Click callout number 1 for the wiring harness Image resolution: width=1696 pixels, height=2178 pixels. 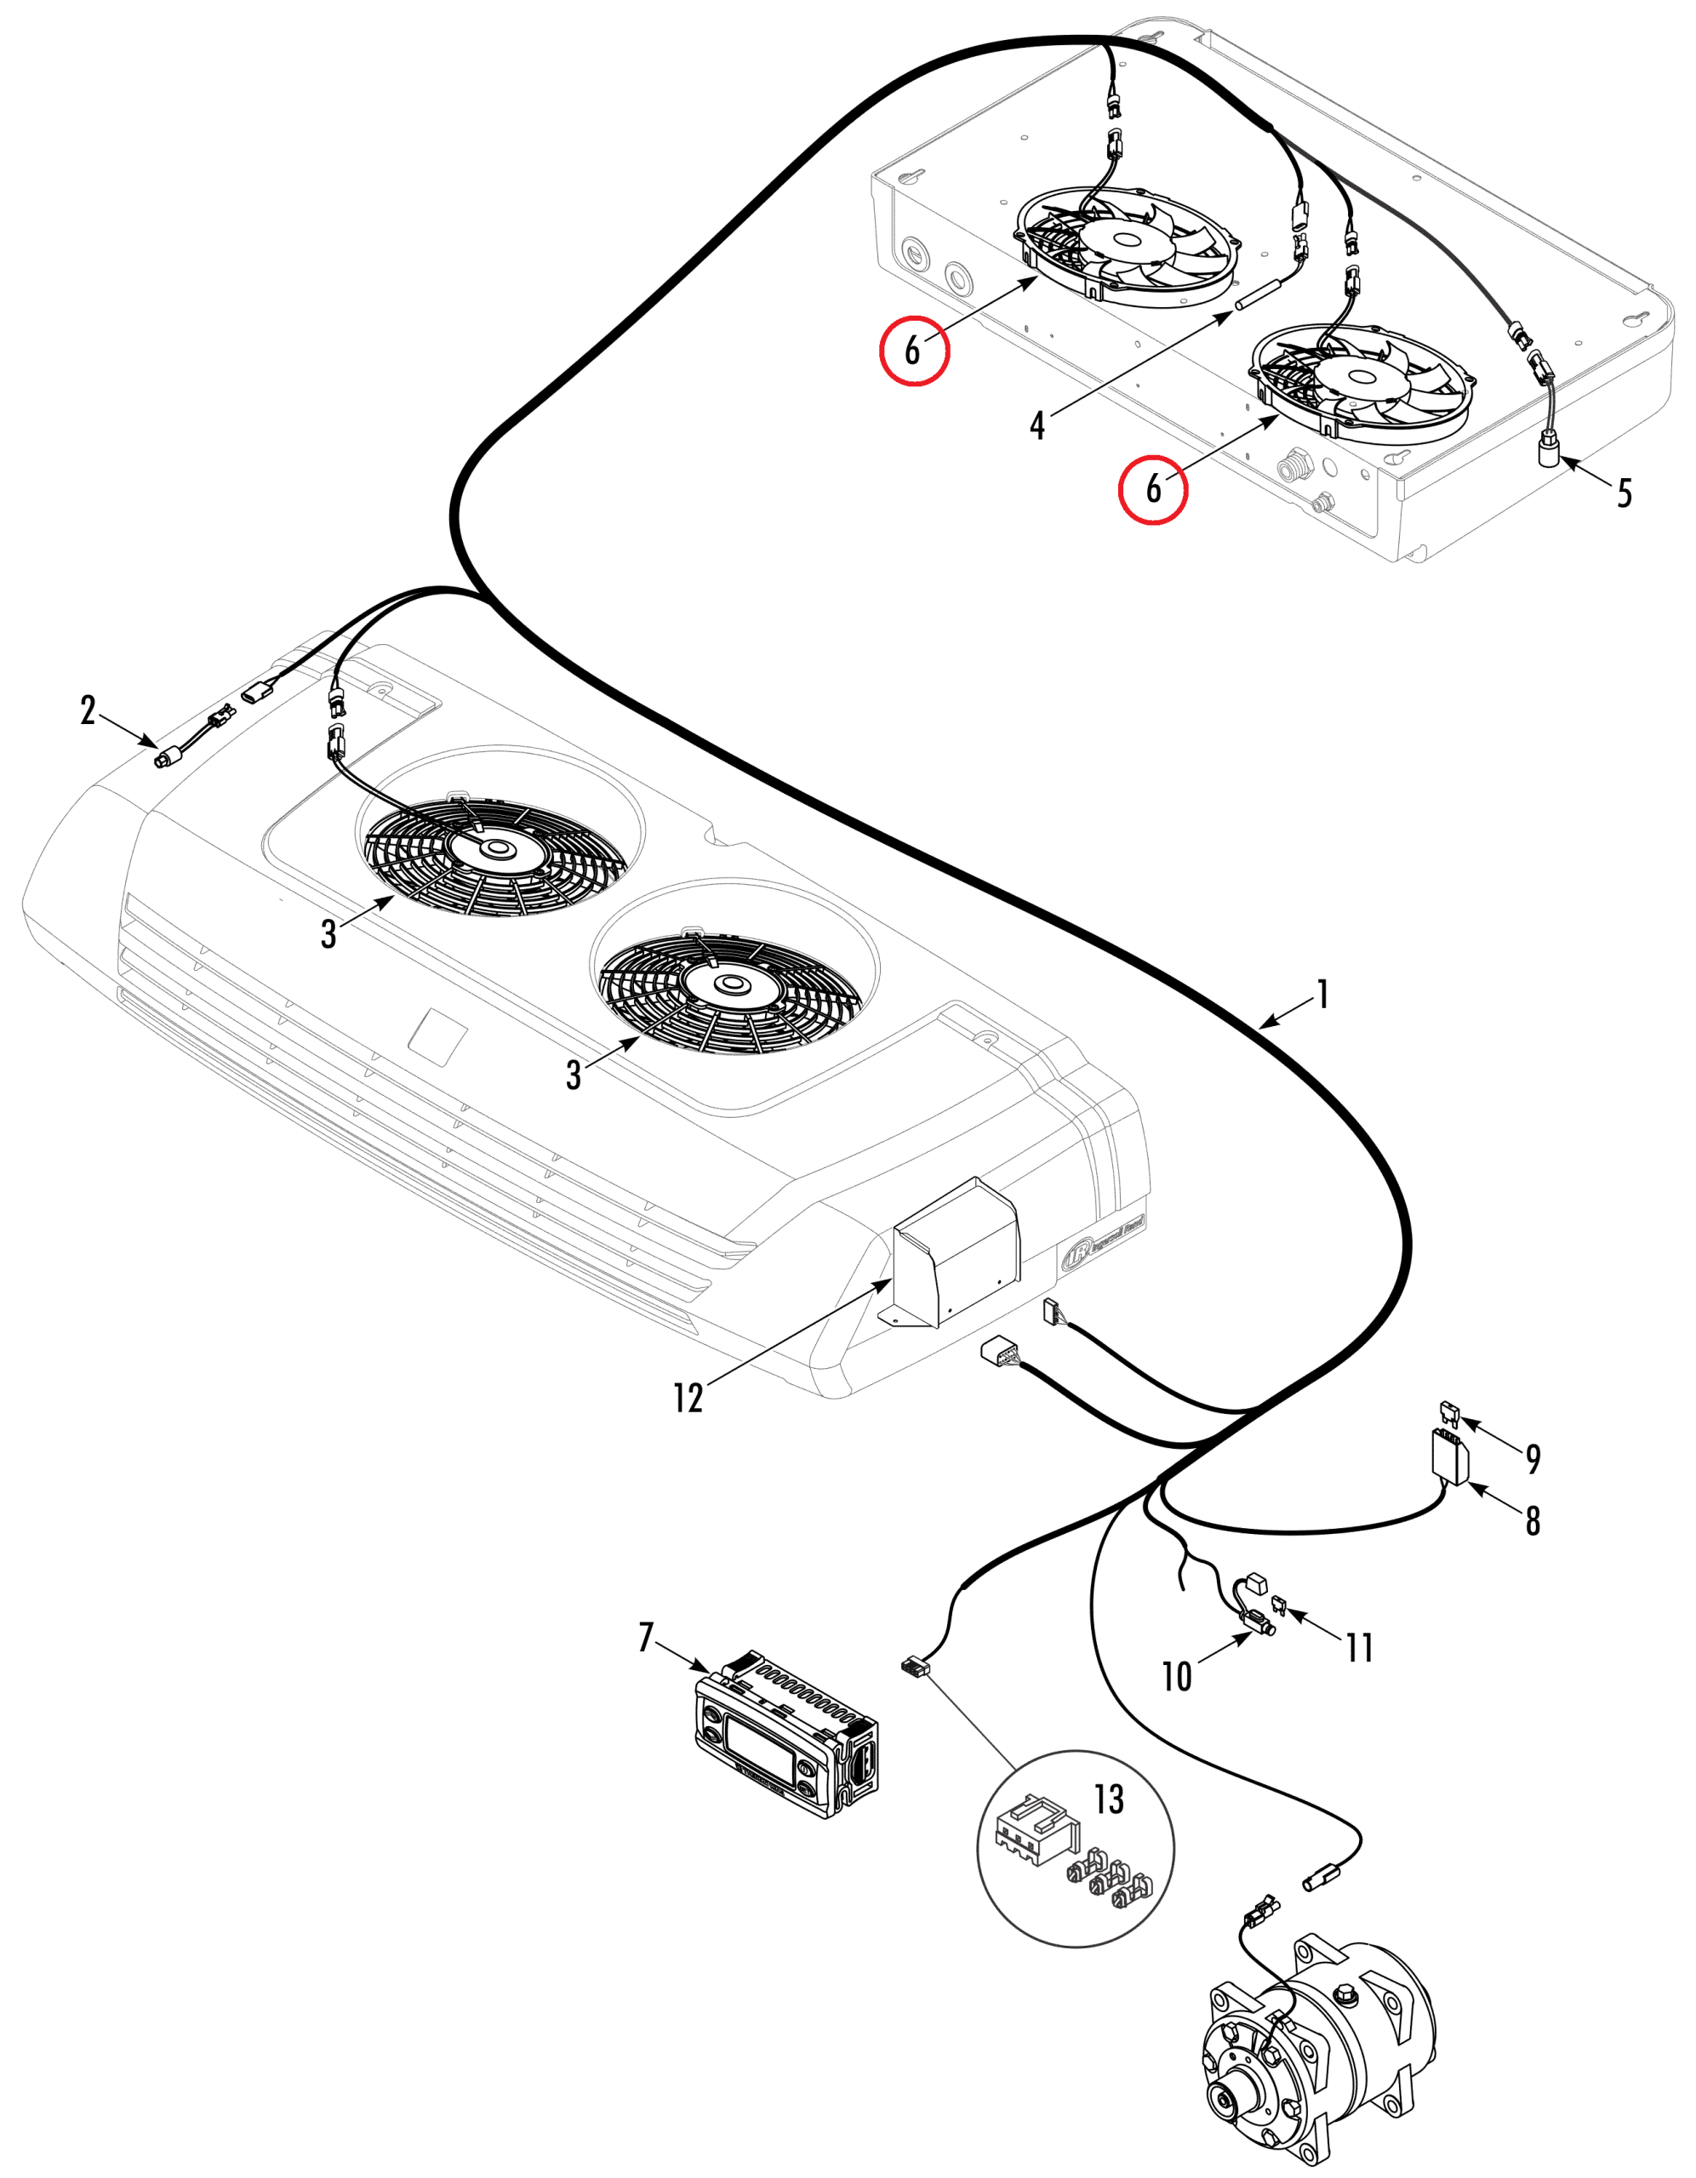(1323, 995)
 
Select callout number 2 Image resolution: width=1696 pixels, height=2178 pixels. (88, 710)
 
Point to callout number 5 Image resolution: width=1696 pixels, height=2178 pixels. (1625, 493)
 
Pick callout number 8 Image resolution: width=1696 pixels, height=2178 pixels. (1533, 1521)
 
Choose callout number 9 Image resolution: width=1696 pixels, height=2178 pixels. (1533, 1459)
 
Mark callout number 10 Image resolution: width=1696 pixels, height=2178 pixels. (1177, 1676)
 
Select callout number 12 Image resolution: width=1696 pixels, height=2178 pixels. (688, 1397)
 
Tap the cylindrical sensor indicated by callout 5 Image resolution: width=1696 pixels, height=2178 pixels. (1547, 455)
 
